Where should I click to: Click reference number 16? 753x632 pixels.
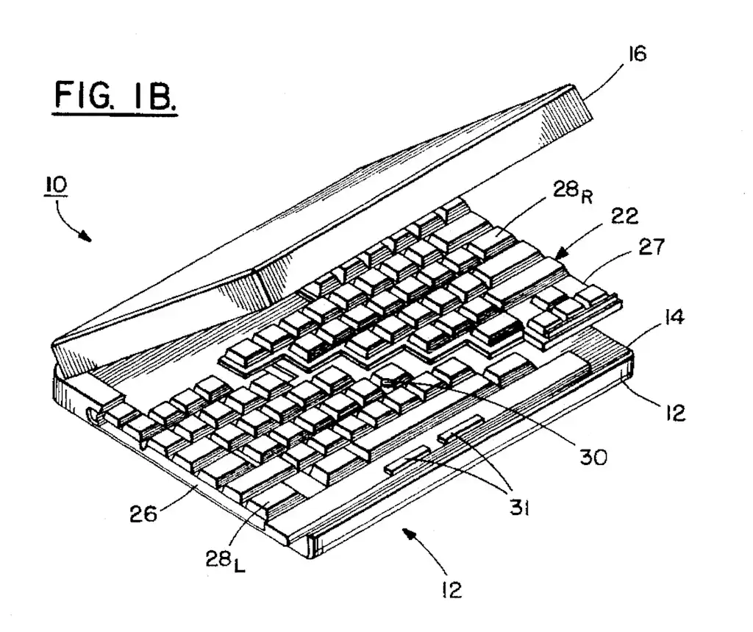(638, 54)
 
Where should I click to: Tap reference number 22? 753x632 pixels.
(624, 217)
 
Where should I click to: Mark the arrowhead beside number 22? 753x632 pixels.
(563, 252)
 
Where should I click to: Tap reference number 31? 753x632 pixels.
(519, 508)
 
